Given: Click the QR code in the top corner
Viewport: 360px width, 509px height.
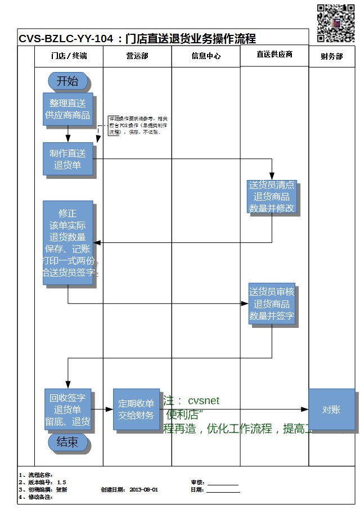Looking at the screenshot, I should [336, 23].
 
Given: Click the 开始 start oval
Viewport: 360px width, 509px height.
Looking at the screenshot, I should [68, 81].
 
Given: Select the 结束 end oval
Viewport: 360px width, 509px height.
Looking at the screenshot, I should [68, 442].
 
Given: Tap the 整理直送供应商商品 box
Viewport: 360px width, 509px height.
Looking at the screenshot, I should [68, 109].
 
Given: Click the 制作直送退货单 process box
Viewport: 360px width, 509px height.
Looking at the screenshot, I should [68, 159].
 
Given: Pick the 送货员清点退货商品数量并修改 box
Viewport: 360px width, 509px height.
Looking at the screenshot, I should [272, 197].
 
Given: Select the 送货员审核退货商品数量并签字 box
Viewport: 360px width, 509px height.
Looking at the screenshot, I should [272, 304].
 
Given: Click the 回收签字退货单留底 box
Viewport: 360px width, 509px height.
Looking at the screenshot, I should [67, 409].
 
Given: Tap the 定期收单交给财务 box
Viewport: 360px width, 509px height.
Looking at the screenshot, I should [136, 409].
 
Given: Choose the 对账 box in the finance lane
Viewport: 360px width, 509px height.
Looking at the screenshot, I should [331, 409].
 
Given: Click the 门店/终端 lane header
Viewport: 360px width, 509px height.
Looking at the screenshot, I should [69, 56].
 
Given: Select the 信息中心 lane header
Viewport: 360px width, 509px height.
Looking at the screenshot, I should [206, 56].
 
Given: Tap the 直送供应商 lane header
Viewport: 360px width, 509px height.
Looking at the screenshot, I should [274, 55].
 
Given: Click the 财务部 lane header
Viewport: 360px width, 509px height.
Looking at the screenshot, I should [331, 56].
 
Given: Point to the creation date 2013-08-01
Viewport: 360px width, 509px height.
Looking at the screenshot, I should [143, 489].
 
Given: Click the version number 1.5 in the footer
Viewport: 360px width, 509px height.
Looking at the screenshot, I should [61, 482].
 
